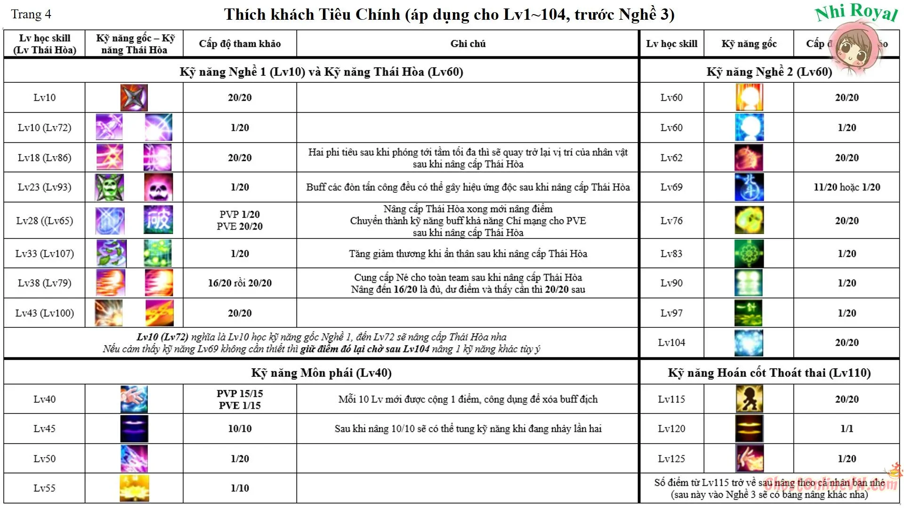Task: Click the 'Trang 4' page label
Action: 31,15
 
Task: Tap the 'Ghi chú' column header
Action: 468,44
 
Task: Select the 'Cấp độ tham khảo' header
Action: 240,44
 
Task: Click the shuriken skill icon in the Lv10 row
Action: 134,97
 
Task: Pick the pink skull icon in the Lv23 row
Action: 158,187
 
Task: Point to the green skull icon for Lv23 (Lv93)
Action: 109,187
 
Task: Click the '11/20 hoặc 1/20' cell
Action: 847,187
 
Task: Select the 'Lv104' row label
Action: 671,343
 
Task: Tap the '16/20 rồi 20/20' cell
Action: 240,283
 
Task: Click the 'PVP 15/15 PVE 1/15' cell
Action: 240,399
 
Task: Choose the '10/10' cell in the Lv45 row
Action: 240,429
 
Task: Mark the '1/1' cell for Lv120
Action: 847,429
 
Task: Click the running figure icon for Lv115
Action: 749,399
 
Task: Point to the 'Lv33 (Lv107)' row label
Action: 45,254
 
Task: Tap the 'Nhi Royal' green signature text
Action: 856,12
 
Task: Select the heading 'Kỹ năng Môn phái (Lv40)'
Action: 321,373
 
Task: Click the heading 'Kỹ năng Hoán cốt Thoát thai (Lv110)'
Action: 769,373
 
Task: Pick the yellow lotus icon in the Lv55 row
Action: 134,488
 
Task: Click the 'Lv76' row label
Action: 671,221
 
